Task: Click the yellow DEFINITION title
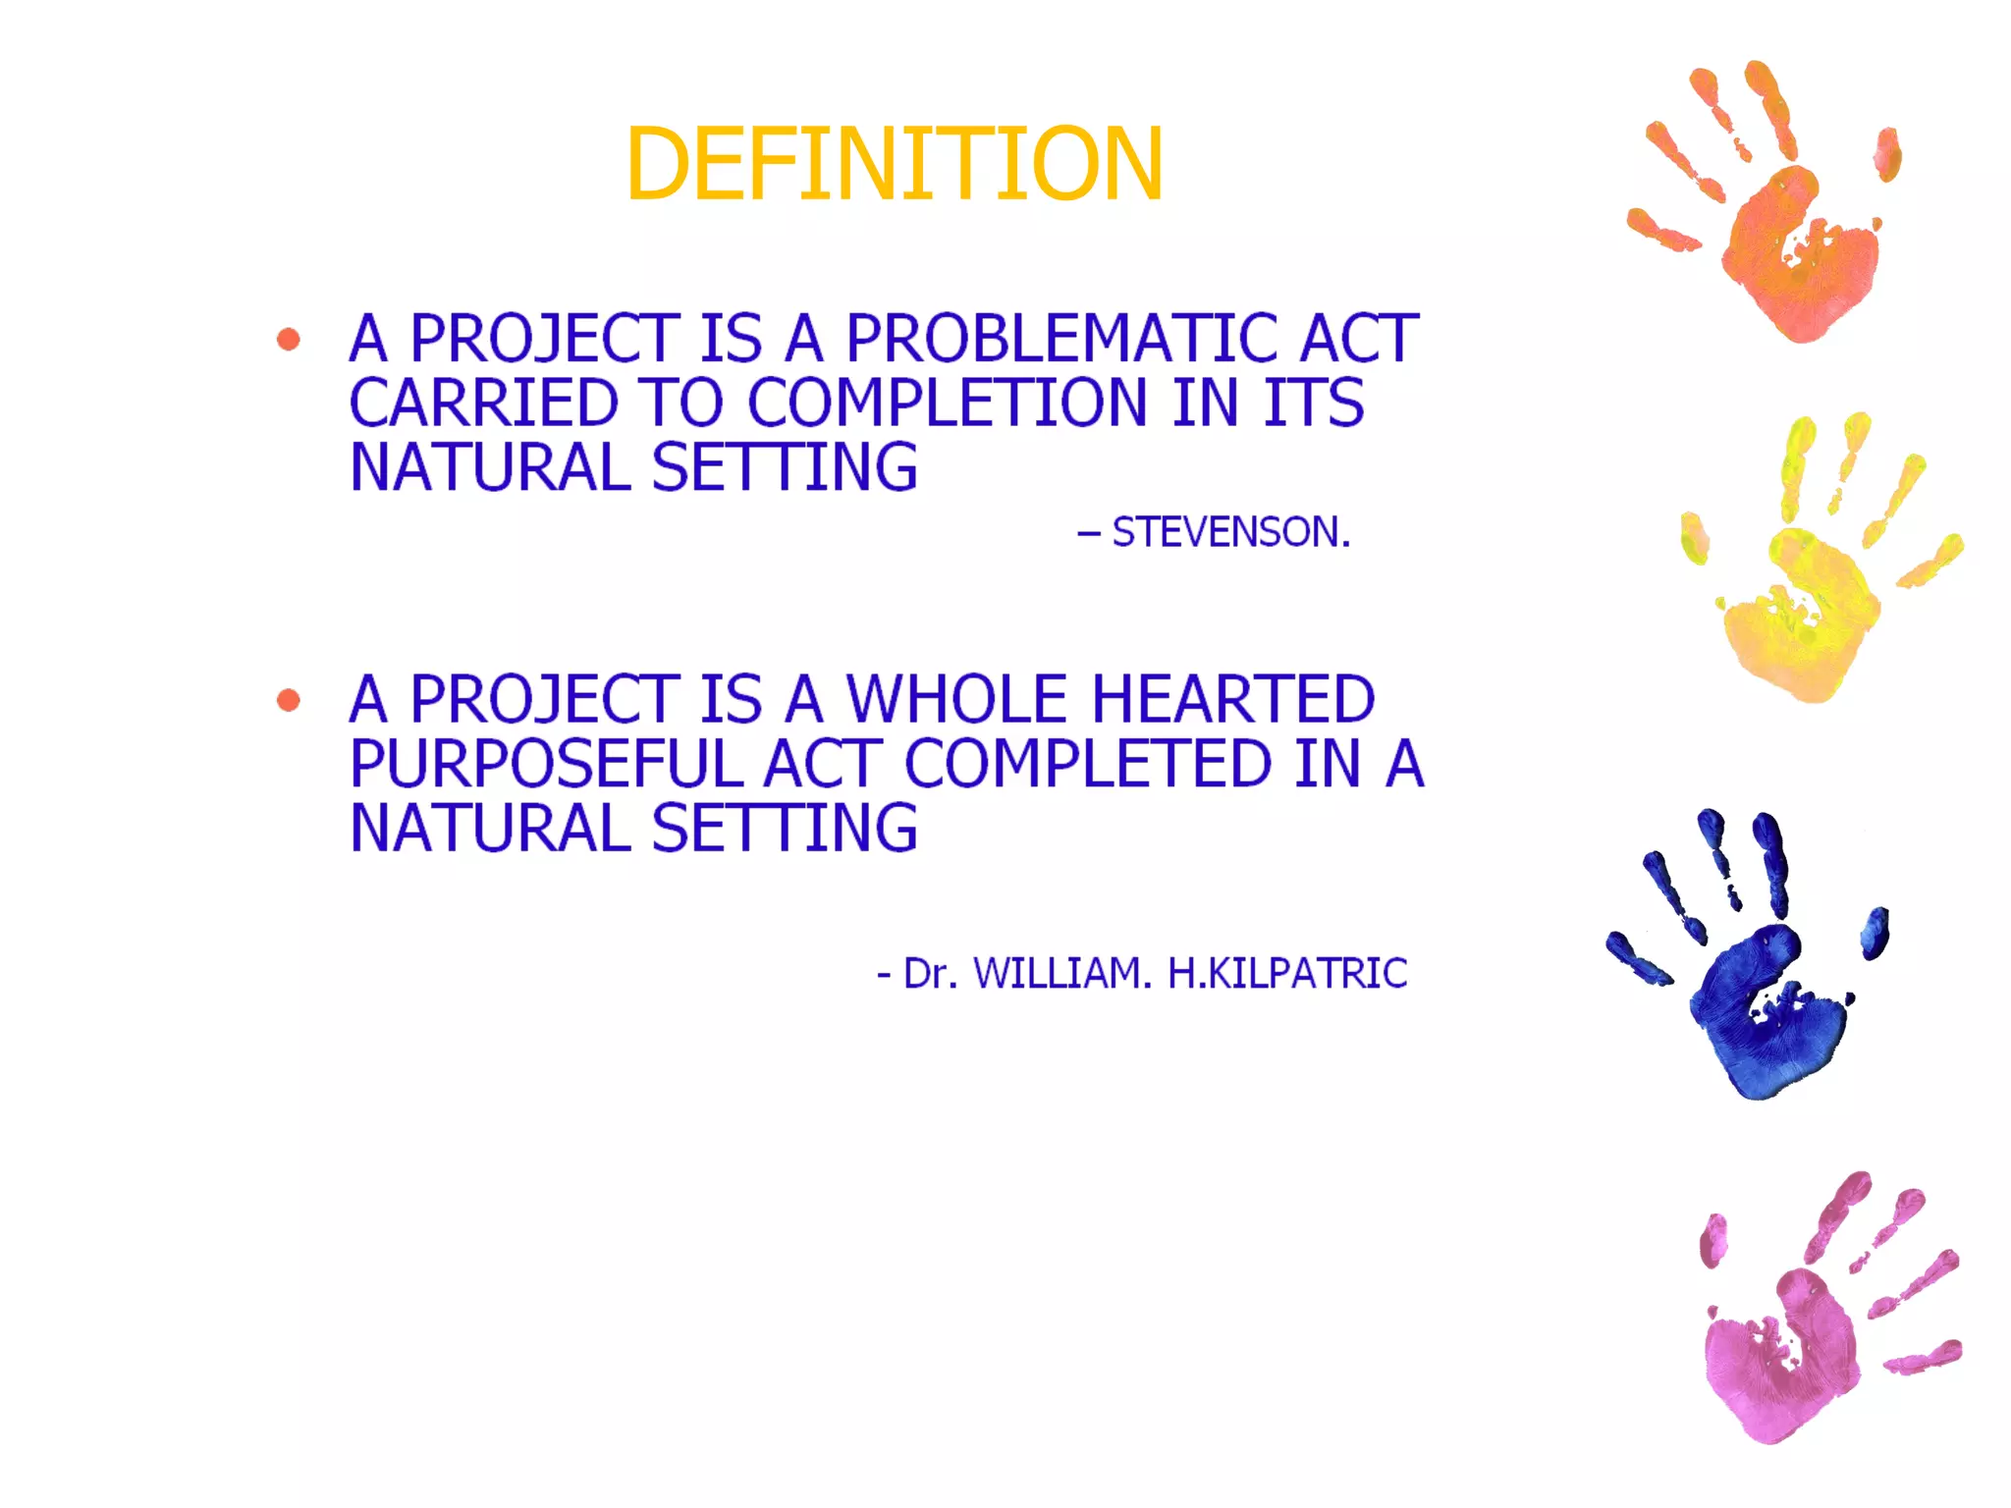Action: [x=894, y=164]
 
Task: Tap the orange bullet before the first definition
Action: [x=289, y=340]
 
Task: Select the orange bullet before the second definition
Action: [x=289, y=700]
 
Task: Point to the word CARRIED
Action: [x=483, y=404]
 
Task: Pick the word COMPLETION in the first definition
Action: [x=947, y=404]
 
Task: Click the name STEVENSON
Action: [x=1230, y=532]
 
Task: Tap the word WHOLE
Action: [x=956, y=699]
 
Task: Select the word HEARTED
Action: [x=1232, y=699]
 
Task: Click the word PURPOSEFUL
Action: [x=546, y=764]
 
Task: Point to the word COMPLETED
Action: [x=1088, y=764]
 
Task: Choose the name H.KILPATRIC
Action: [x=1286, y=973]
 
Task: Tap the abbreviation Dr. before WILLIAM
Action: [x=929, y=973]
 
